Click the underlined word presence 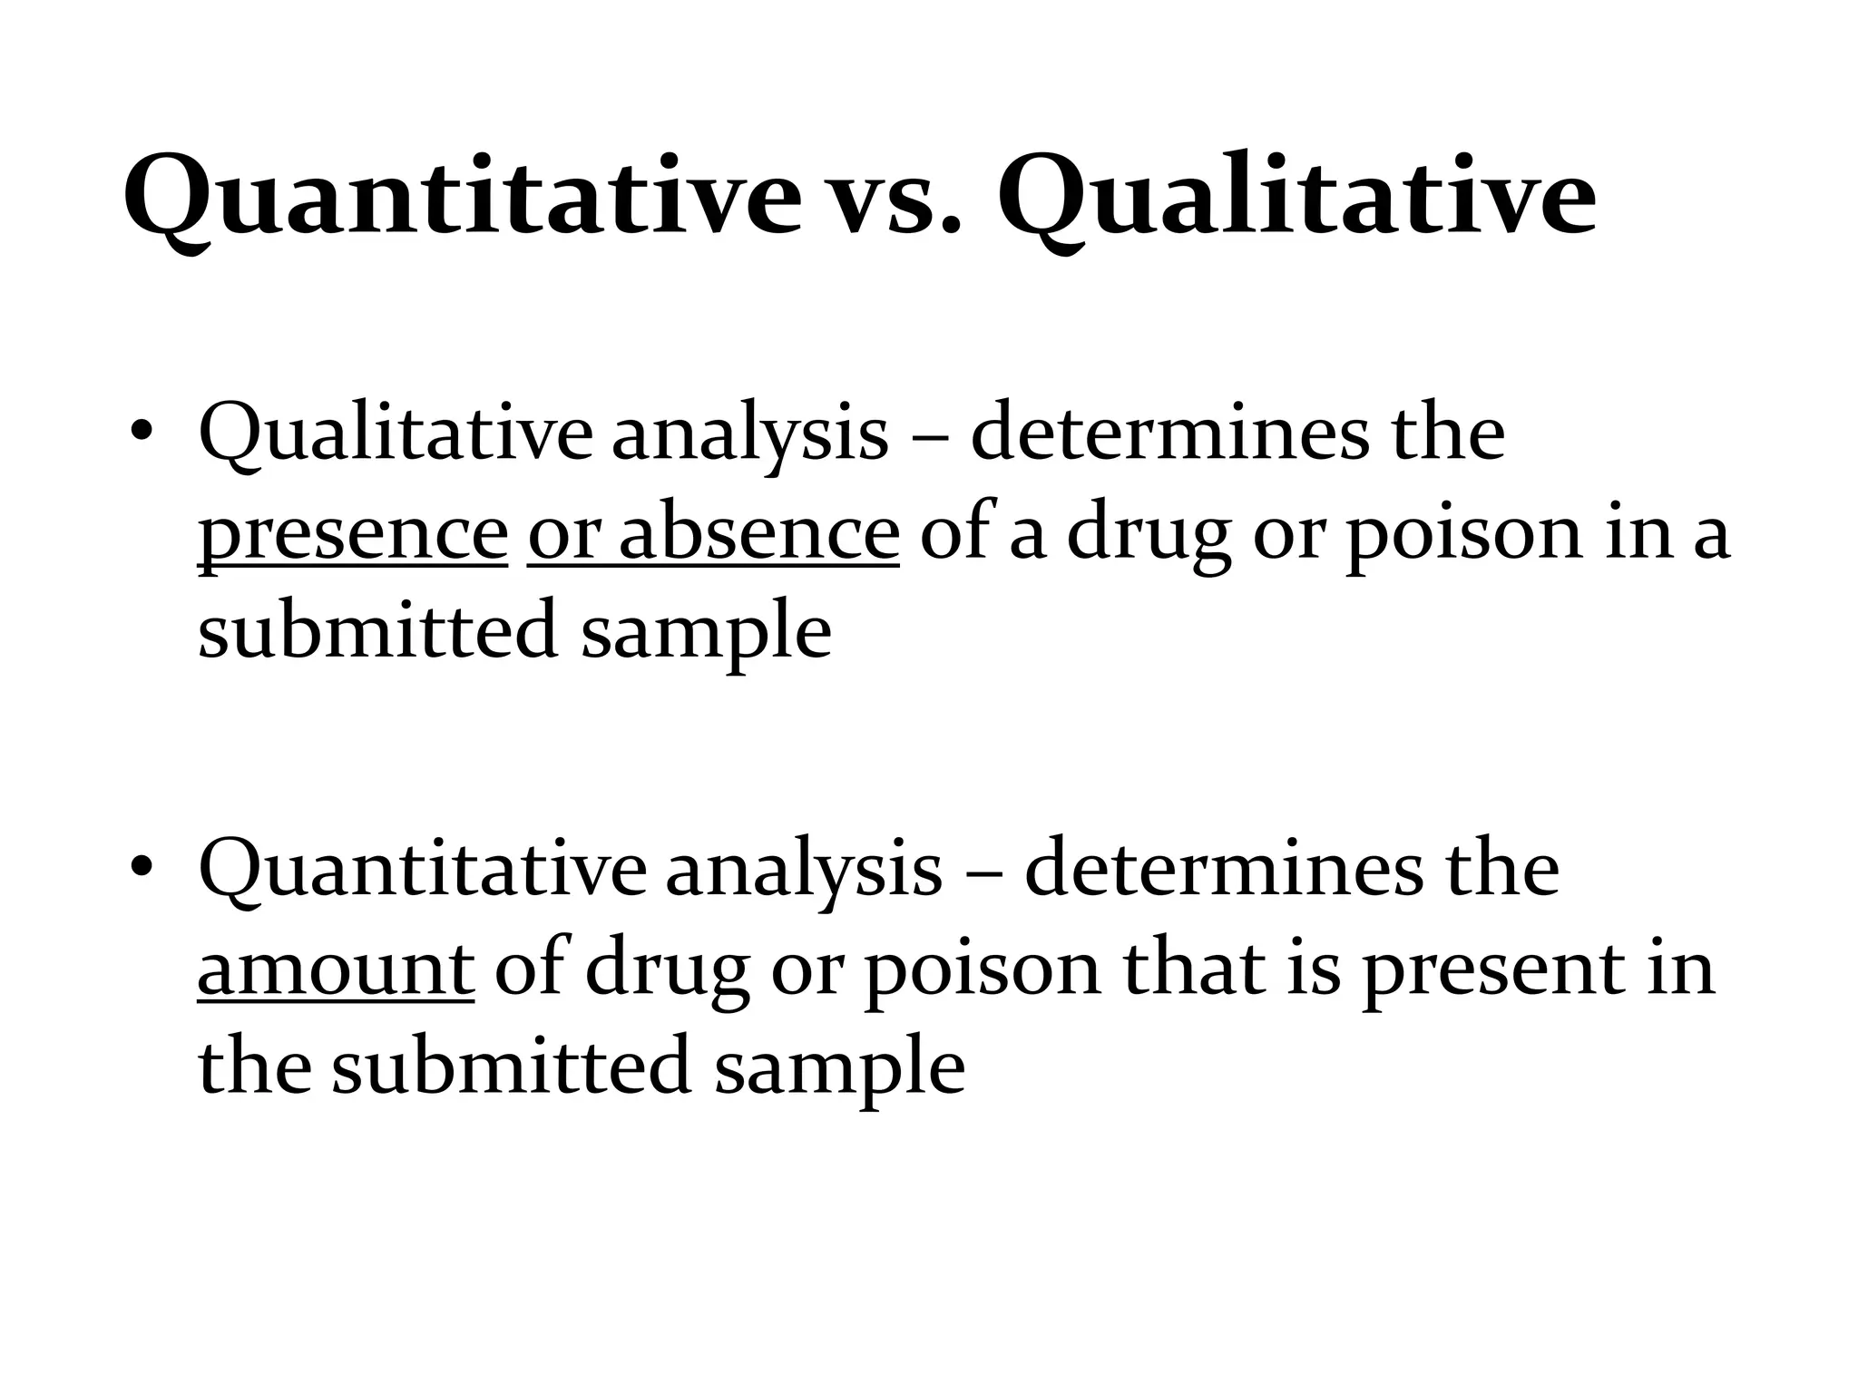353,535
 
